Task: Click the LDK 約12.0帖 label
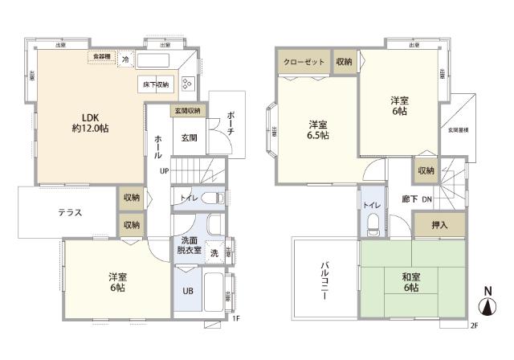pyautogui.click(x=90, y=121)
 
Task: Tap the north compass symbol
pyautogui.click(x=487, y=302)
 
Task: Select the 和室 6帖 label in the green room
pyautogui.click(x=412, y=282)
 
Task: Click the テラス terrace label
pyautogui.click(x=73, y=213)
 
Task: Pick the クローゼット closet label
pyautogui.click(x=304, y=62)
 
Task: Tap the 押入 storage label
pyautogui.click(x=439, y=225)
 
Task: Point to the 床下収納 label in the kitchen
pyautogui.click(x=156, y=84)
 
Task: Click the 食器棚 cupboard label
pyautogui.click(x=102, y=56)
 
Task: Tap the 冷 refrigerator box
pyautogui.click(x=125, y=59)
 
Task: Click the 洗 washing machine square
pyautogui.click(x=214, y=252)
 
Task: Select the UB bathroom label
pyautogui.click(x=187, y=291)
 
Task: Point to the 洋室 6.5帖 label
pyautogui.click(x=317, y=130)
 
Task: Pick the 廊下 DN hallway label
pyautogui.click(x=418, y=198)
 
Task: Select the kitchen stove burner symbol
pyautogui.click(x=187, y=84)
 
